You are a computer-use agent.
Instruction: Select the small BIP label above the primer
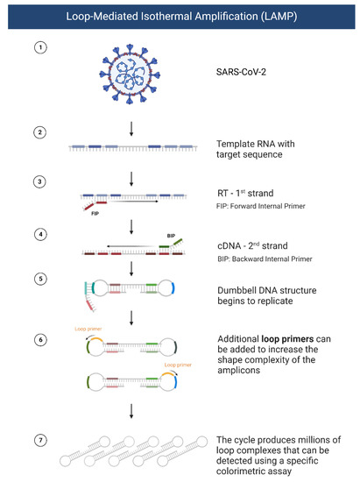click(x=172, y=237)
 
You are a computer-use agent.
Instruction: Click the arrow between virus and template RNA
click(x=131, y=128)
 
